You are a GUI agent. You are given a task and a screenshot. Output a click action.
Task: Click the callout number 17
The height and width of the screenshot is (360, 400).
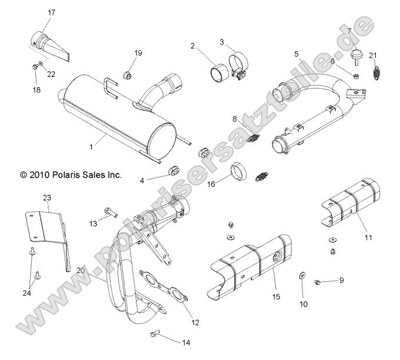[x=52, y=12]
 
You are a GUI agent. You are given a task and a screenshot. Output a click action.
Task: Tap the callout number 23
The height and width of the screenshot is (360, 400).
[x=47, y=197]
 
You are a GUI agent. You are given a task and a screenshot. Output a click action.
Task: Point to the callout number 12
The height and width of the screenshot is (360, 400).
[x=195, y=322]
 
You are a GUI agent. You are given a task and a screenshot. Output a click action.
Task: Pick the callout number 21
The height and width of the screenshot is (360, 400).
[x=373, y=55]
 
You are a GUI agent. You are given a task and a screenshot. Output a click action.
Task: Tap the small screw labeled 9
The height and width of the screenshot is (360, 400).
[x=318, y=282]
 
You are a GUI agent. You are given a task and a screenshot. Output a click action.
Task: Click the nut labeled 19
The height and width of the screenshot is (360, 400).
[x=125, y=74]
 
